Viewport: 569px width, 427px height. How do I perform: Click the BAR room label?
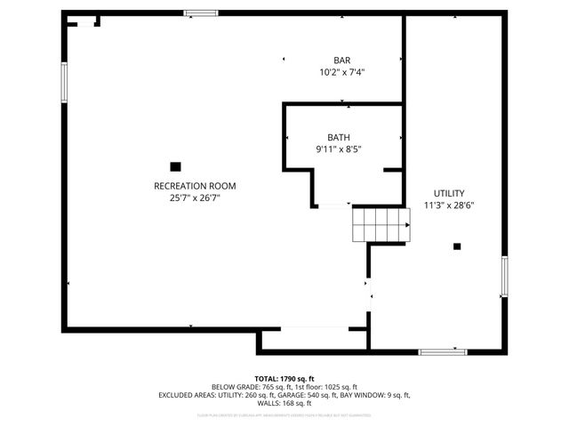(x=342, y=60)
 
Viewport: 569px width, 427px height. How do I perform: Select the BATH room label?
(x=338, y=137)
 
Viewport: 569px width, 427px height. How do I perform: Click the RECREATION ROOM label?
(x=195, y=186)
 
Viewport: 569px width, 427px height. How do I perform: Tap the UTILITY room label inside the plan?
(x=448, y=193)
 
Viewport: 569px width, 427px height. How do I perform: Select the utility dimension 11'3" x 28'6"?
(x=448, y=205)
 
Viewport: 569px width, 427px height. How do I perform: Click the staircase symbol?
(x=381, y=224)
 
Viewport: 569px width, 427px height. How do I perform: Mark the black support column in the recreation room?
(x=175, y=165)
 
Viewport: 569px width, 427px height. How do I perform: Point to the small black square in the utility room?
(x=458, y=246)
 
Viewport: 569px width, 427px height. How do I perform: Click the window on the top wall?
(x=201, y=13)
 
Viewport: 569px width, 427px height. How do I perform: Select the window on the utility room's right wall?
(x=503, y=277)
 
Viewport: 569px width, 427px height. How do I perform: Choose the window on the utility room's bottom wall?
(x=443, y=351)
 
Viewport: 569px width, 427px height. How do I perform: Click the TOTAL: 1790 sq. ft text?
(x=284, y=379)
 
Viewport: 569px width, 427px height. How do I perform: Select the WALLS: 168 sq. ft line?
(x=284, y=403)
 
